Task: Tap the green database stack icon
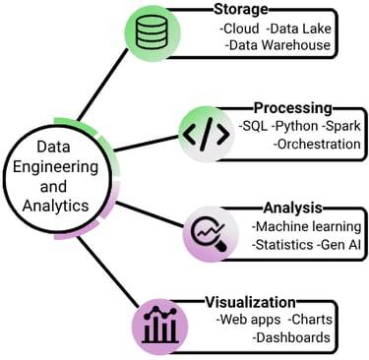point(153,35)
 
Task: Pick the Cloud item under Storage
point(242,29)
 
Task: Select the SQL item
point(255,126)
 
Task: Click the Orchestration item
point(316,144)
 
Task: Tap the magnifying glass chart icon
point(209,235)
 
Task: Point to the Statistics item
point(283,244)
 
